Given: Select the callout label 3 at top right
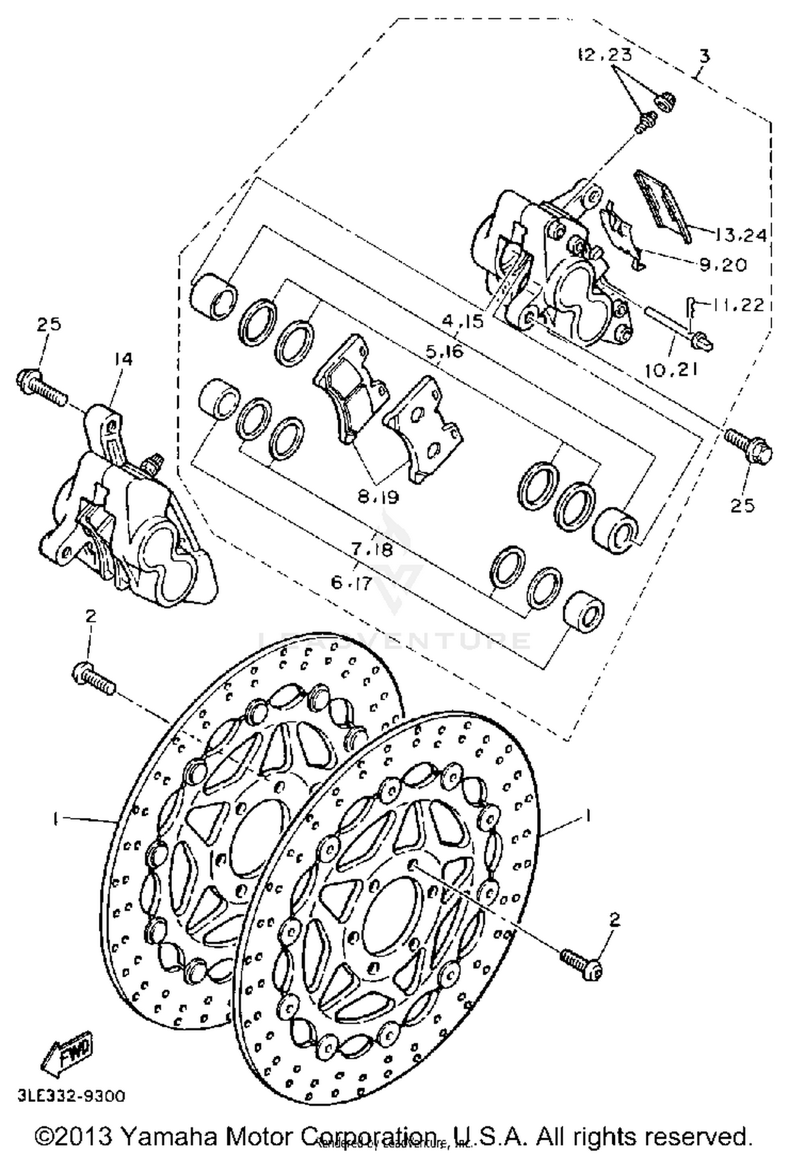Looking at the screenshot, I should point(704,56).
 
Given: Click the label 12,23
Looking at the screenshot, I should point(605,54).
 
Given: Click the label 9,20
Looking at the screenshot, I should point(723,265).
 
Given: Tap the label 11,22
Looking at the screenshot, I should point(736,304).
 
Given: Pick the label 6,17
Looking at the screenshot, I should point(351,582).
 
